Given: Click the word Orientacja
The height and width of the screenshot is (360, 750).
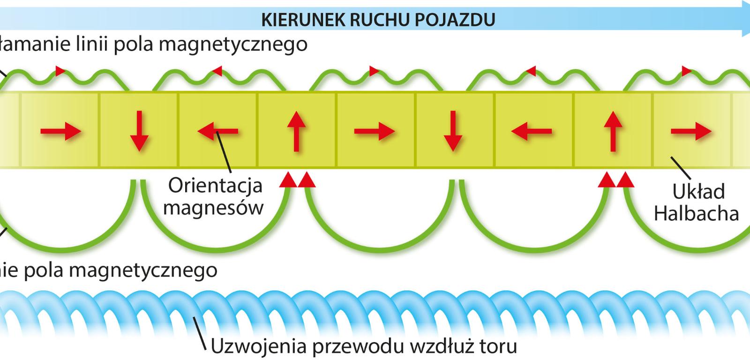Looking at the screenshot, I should [215, 186].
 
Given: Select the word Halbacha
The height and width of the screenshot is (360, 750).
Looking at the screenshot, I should [696, 214].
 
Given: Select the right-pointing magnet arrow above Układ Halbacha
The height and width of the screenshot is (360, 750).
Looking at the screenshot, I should [691, 132].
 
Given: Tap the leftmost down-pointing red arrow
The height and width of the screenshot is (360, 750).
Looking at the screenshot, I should [139, 131].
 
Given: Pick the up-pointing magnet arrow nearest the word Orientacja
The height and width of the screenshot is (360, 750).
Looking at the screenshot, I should [295, 131].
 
